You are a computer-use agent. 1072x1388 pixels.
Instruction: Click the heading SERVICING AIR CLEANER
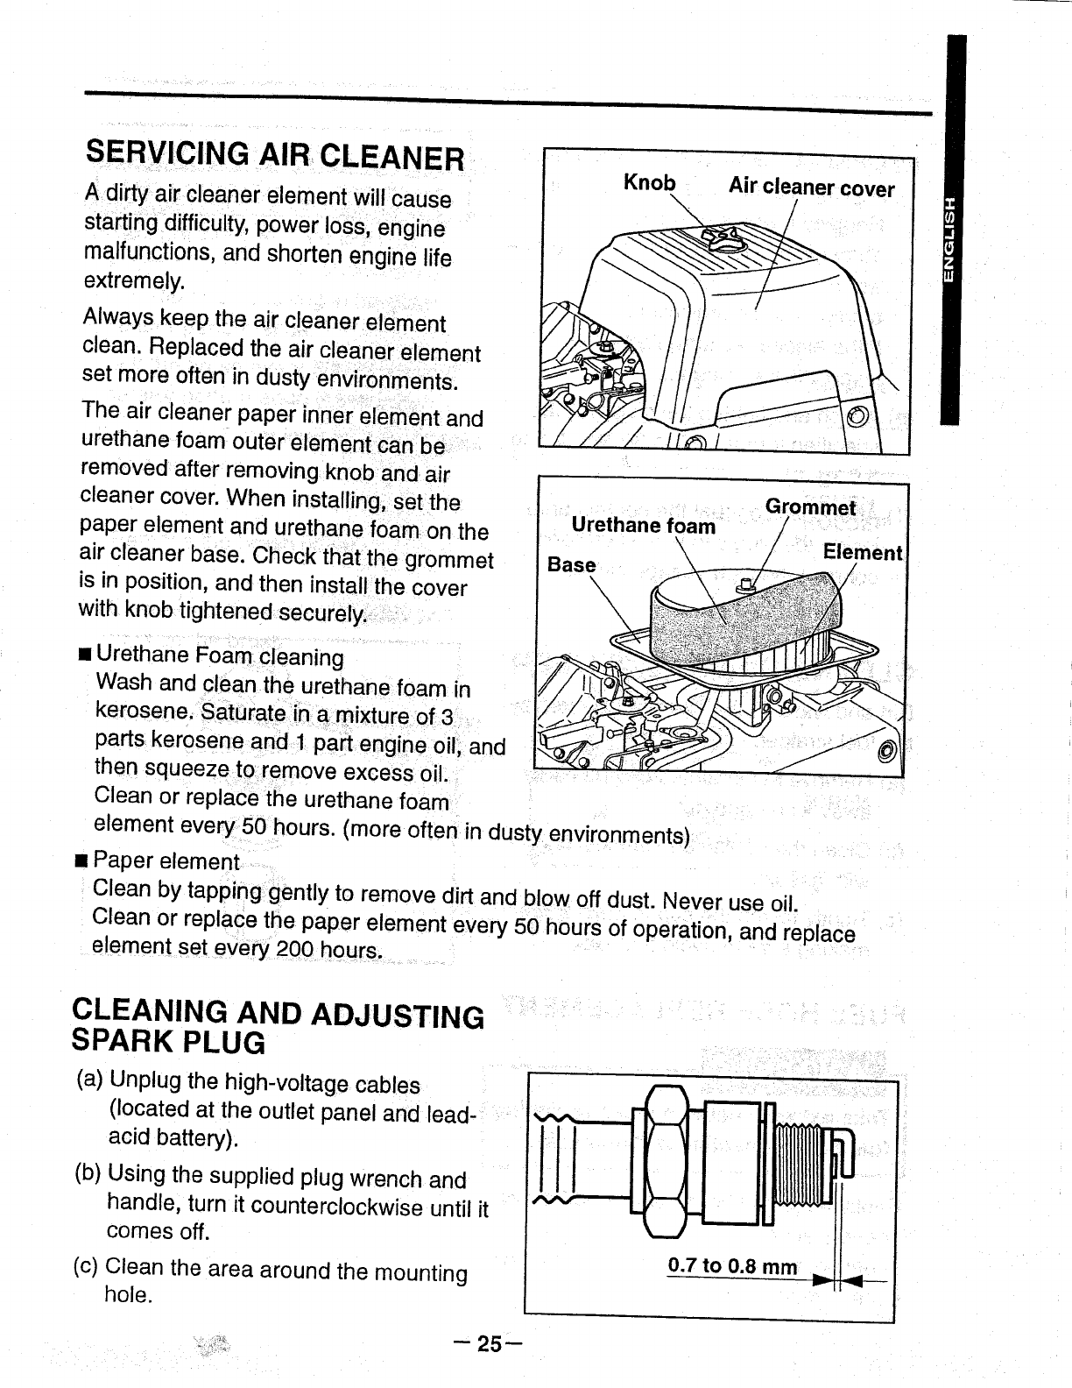tap(274, 154)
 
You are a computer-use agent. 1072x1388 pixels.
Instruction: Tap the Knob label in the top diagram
tap(649, 182)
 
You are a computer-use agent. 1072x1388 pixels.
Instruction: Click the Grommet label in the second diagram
tap(810, 507)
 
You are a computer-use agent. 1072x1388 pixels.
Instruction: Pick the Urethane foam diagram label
tap(643, 525)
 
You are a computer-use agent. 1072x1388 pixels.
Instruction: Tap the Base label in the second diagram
tap(571, 564)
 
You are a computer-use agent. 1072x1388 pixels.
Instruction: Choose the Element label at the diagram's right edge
tap(862, 553)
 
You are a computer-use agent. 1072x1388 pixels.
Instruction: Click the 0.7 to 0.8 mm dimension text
tap(732, 1266)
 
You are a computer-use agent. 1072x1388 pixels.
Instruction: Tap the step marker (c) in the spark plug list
tap(88, 1267)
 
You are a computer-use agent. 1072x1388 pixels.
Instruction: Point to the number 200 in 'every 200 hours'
tap(295, 949)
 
